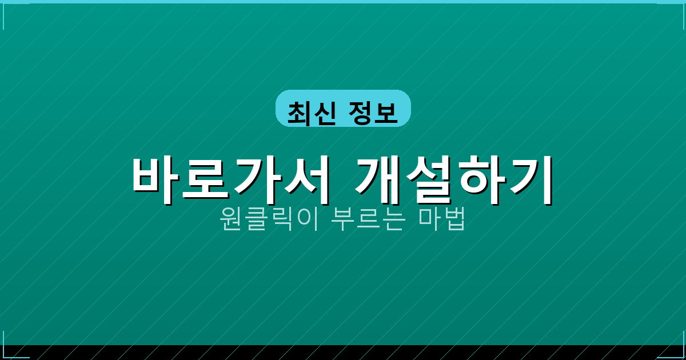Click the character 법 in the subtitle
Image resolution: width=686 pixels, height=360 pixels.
pyautogui.click(x=454, y=219)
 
